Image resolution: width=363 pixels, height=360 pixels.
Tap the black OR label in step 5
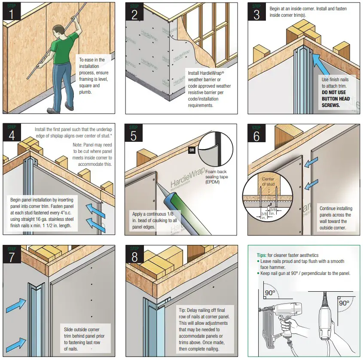(192, 150)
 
